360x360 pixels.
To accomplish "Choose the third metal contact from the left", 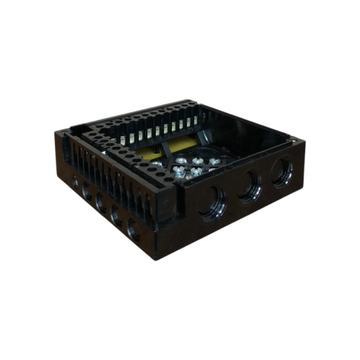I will (140, 136).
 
